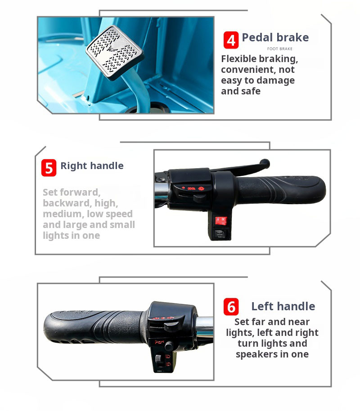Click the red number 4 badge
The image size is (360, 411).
tap(231, 40)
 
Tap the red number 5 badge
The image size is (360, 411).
tap(49, 168)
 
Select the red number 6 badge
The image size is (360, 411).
tap(231, 306)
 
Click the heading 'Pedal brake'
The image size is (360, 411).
tap(275, 37)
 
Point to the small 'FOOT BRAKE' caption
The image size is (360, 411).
tap(280, 49)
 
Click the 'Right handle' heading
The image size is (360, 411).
tap(92, 165)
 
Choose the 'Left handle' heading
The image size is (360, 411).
tap(283, 306)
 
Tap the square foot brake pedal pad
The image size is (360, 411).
tap(114, 53)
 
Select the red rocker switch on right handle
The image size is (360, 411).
tap(221, 220)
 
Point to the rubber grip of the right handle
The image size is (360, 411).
tap(281, 190)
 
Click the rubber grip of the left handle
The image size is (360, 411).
tap(94, 326)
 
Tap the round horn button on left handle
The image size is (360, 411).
tap(169, 346)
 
